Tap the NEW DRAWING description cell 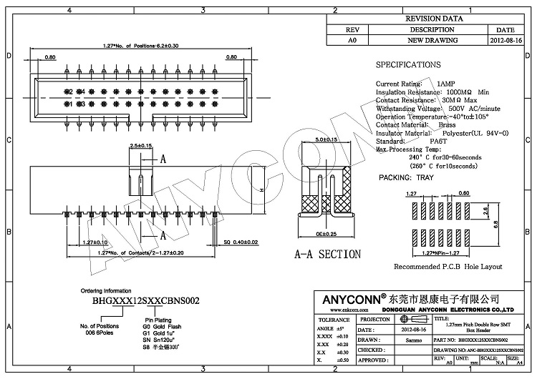point(432,41)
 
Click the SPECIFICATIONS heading point(409,64)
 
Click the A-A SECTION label point(328,254)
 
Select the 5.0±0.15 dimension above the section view point(326,139)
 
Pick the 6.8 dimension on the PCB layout point(495,223)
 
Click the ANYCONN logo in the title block point(348,297)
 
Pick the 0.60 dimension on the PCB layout point(444,194)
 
